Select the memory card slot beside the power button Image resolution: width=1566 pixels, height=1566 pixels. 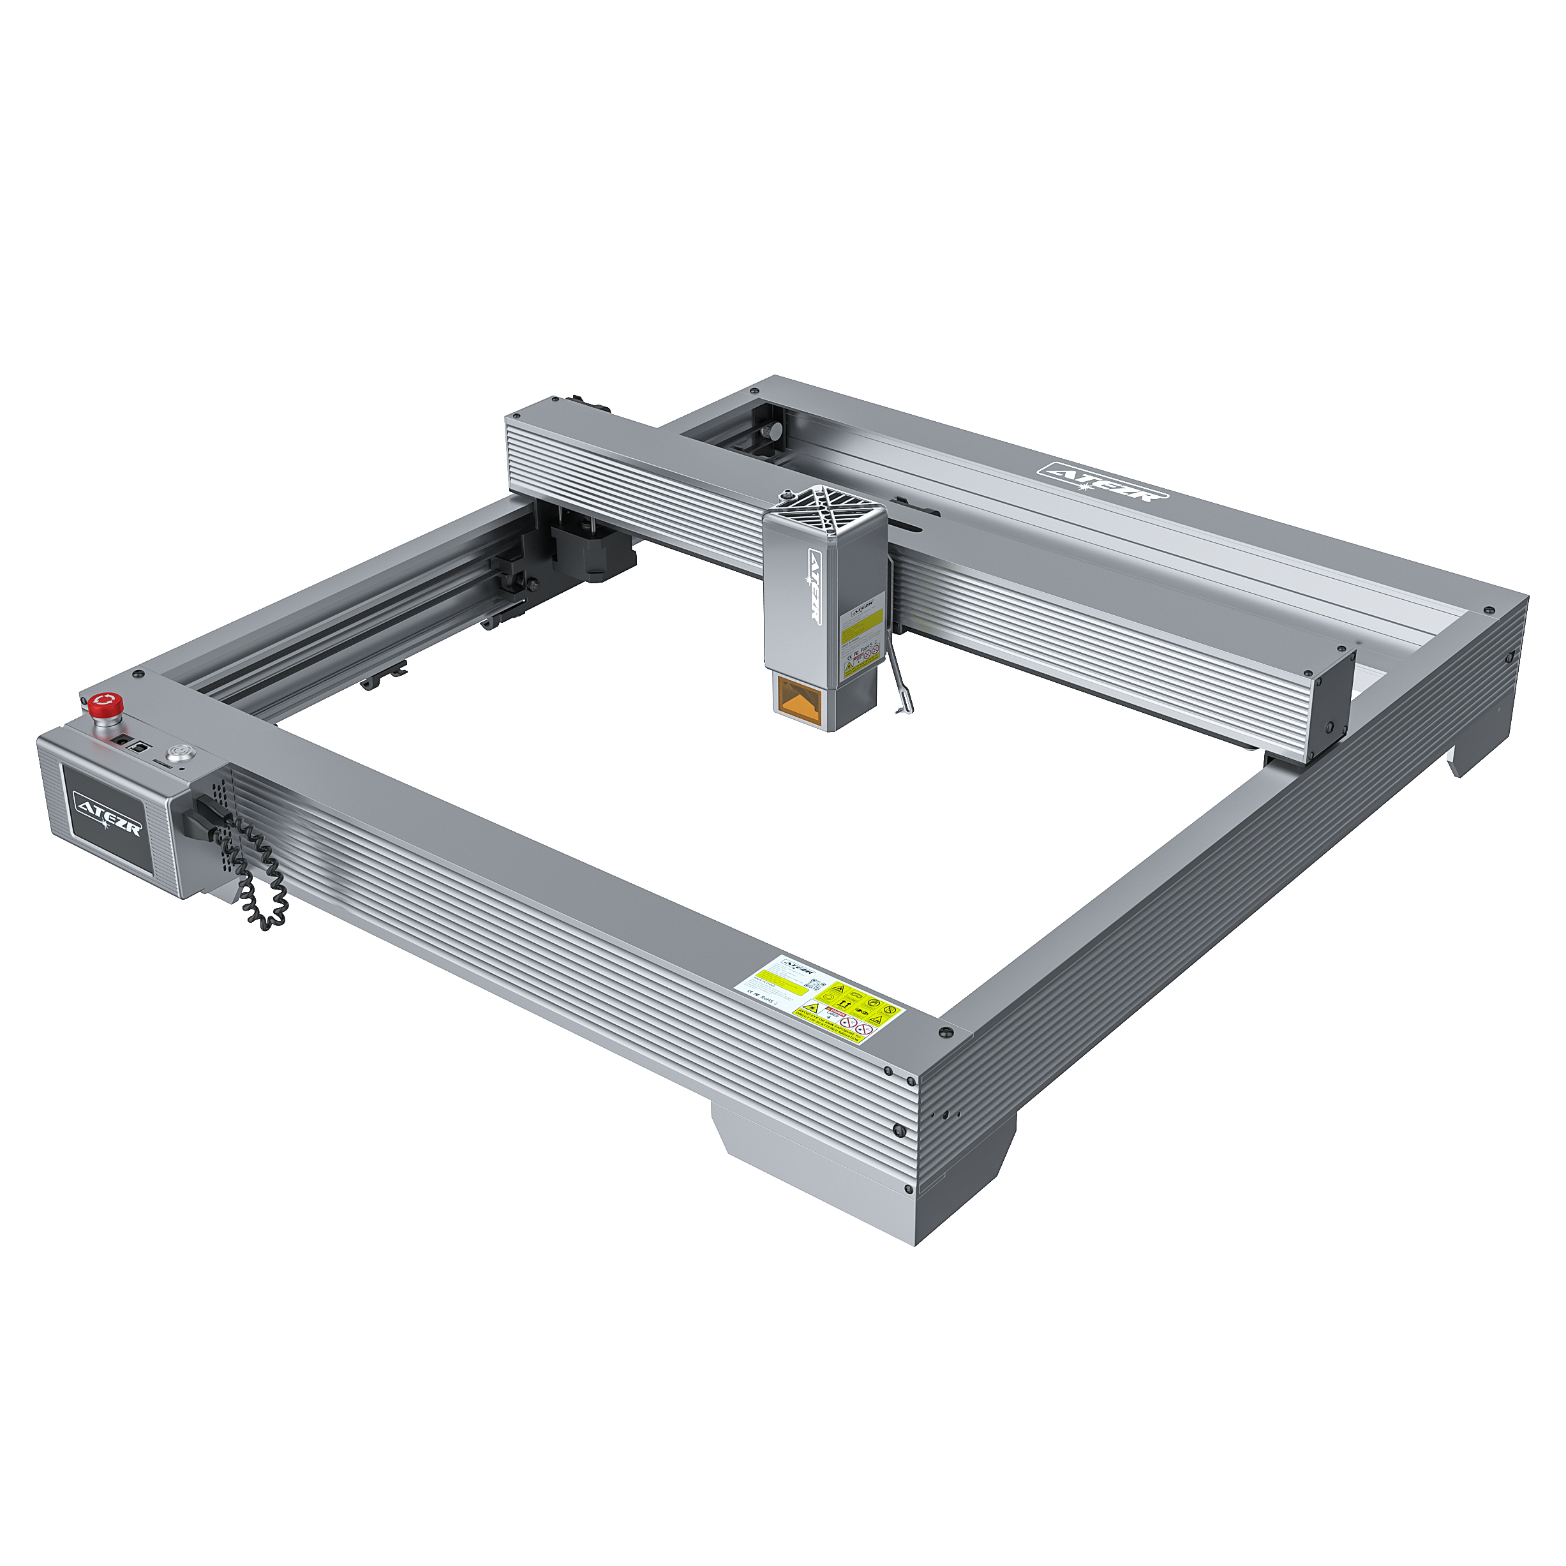[162, 764]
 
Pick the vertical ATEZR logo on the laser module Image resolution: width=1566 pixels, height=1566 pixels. [812, 588]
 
